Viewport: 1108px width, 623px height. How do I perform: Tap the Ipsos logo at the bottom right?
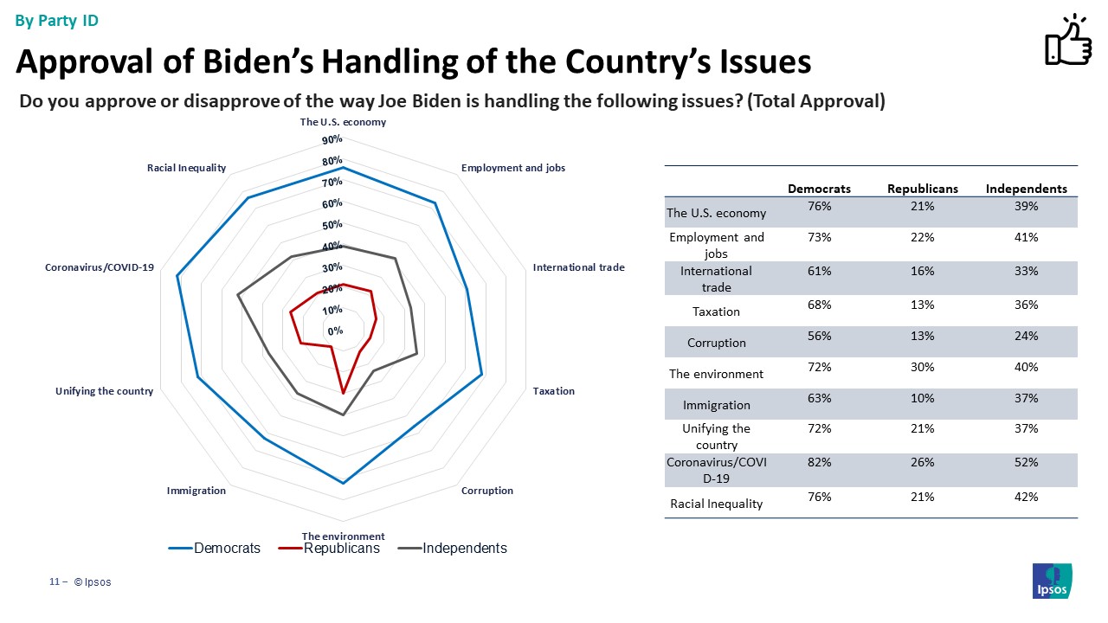pos(1052,581)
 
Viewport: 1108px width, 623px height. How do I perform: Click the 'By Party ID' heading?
pos(57,21)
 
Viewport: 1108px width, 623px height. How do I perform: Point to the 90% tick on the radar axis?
pos(332,140)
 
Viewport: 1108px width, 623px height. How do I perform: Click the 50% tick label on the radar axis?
pos(332,226)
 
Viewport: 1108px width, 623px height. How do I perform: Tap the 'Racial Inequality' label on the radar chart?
pos(186,168)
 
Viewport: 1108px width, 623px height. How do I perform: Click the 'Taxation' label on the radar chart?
pos(553,391)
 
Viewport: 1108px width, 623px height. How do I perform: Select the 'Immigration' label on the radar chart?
pos(196,491)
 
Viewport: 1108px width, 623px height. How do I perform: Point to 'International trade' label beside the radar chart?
pos(578,267)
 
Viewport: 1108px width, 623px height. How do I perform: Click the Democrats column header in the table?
pos(819,189)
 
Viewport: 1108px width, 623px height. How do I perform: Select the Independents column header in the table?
pos(1026,189)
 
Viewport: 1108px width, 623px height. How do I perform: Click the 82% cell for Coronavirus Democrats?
pos(819,463)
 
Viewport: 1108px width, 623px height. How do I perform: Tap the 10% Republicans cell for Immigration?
pos(922,398)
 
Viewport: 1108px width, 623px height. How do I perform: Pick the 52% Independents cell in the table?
pos(1026,463)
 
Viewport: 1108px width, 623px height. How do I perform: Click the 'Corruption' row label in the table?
pos(716,343)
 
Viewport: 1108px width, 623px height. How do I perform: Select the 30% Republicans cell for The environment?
pos(922,367)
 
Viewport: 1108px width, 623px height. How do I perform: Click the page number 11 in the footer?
pos(53,582)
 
